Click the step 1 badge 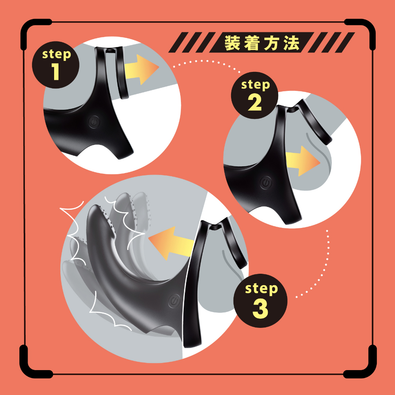coord(56,65)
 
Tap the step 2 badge coord(254,96)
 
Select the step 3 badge coord(260,301)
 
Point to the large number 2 coord(255,103)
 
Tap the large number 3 coord(260,309)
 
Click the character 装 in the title coord(232,43)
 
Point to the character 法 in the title coord(291,43)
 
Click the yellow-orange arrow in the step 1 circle coord(141,70)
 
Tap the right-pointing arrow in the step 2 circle coord(303,161)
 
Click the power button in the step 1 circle coord(94,122)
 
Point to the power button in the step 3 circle coord(174,301)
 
